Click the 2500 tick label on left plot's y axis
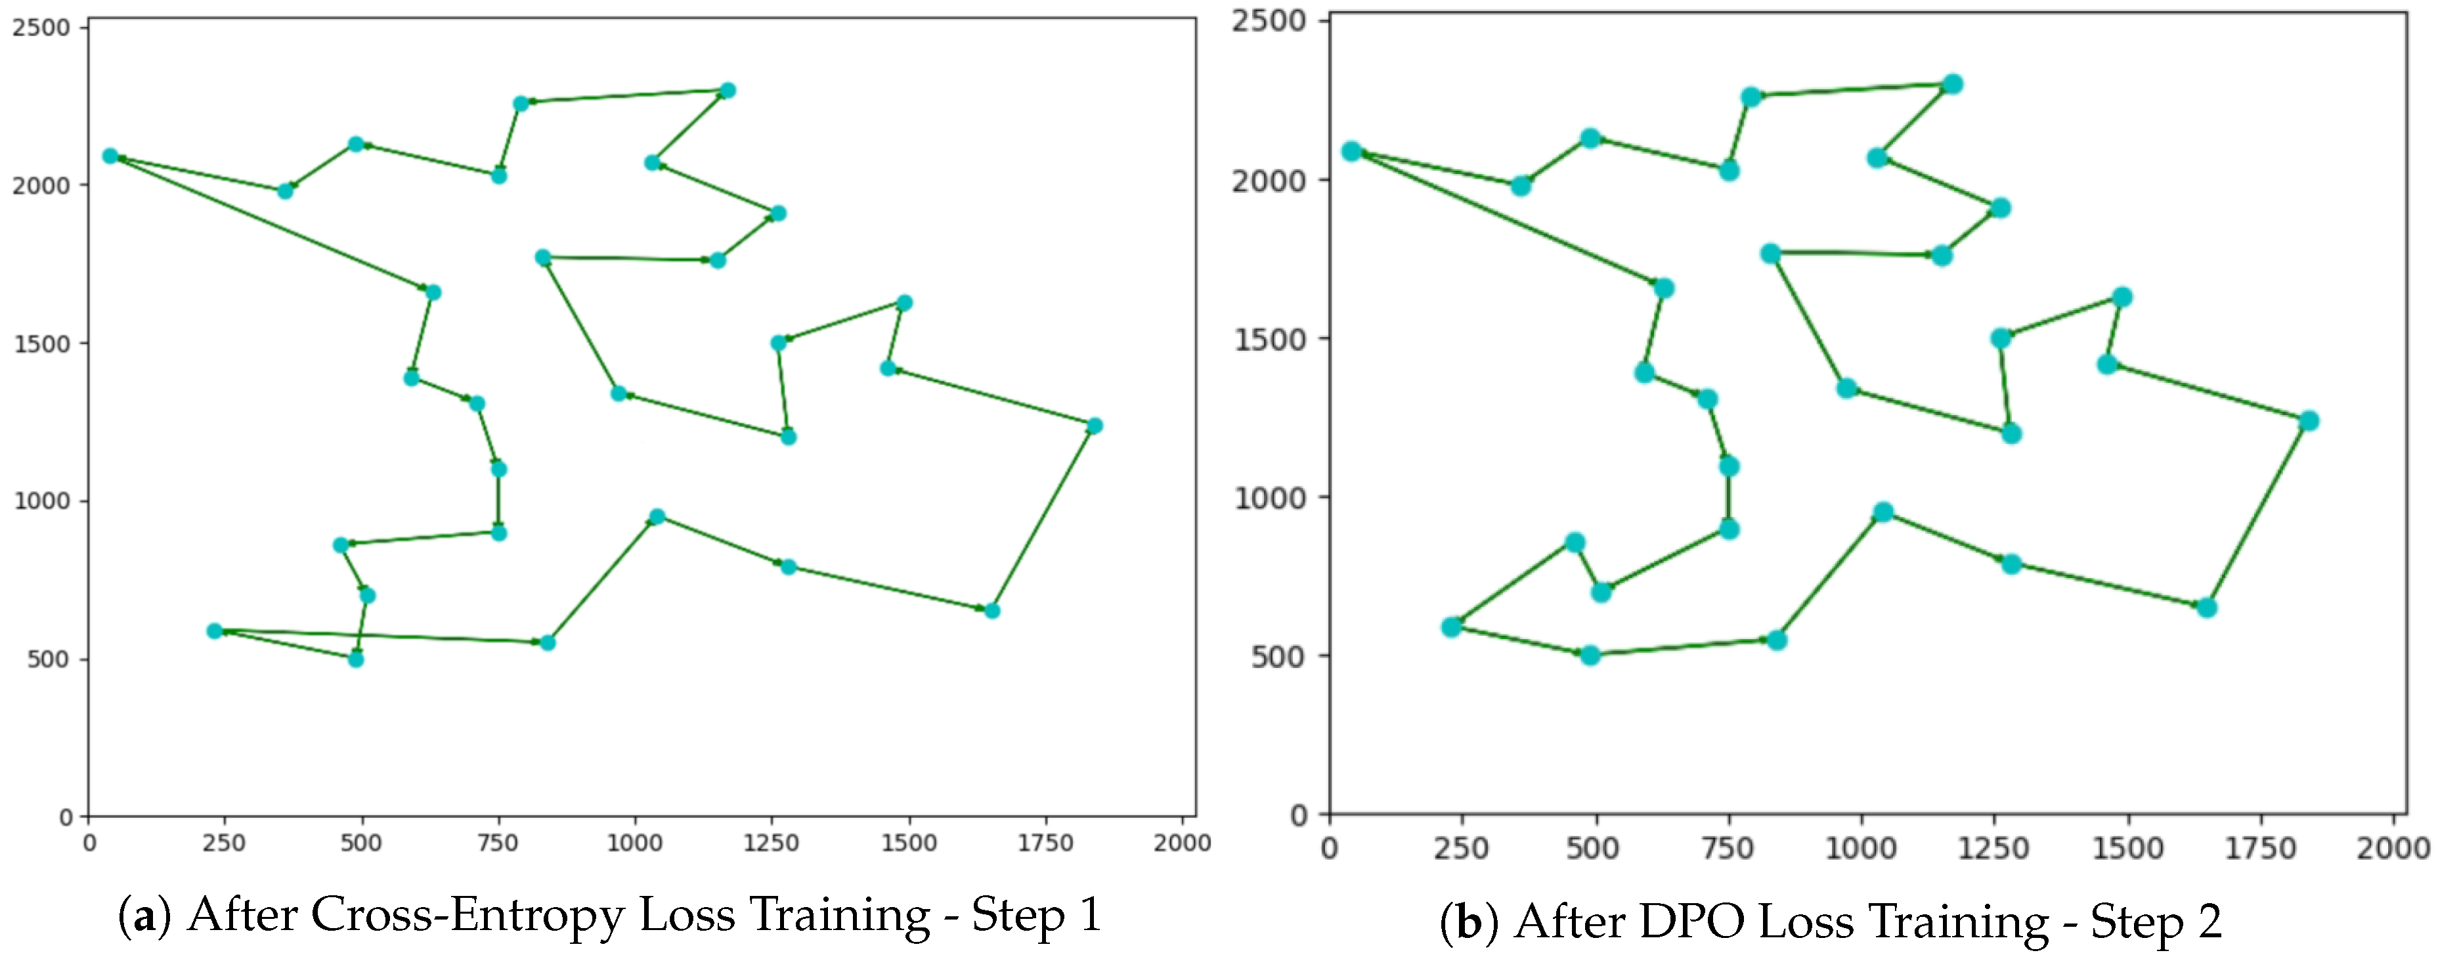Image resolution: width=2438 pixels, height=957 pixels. [x=41, y=28]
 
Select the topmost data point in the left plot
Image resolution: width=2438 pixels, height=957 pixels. [x=728, y=91]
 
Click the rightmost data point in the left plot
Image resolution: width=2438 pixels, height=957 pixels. [x=1094, y=426]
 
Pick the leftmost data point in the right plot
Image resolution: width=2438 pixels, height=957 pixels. [x=1351, y=152]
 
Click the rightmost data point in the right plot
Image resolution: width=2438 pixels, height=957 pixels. [x=2309, y=421]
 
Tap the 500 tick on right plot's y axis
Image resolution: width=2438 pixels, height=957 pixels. [x=1278, y=656]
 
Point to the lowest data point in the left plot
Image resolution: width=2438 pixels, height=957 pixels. [x=356, y=659]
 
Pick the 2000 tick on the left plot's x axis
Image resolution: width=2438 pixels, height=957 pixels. [x=1181, y=843]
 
